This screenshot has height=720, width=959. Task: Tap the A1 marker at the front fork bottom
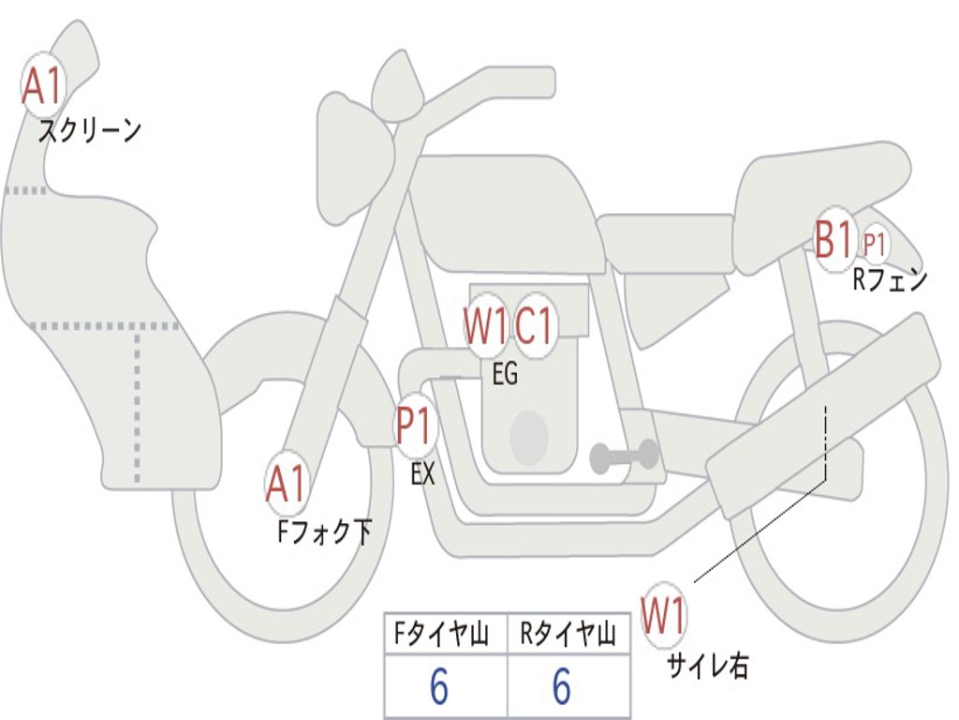point(287,485)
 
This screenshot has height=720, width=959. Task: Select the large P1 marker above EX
point(414,427)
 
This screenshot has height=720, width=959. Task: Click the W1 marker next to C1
point(485,326)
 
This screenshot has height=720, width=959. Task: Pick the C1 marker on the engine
point(536,326)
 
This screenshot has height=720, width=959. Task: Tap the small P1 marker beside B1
point(875,246)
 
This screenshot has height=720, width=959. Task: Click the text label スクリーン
point(89,130)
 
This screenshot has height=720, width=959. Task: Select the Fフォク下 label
point(324,532)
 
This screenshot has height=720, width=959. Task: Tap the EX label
point(423,474)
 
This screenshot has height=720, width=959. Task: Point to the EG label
point(505,375)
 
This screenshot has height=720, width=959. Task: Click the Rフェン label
point(889,279)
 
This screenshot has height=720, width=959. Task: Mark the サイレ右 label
point(708,666)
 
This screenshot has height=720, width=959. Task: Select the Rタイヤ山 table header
point(568,637)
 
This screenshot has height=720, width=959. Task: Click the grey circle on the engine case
point(528,437)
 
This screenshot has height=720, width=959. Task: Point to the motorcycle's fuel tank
point(506,211)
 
